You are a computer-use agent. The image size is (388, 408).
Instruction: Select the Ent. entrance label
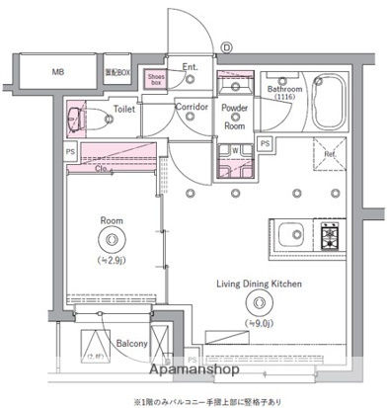point(191,67)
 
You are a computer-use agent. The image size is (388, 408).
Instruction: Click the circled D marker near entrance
point(226,45)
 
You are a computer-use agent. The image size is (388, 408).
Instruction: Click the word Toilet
point(122,111)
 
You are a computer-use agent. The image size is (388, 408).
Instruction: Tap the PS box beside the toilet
point(70,151)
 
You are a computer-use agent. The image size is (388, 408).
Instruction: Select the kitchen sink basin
point(291,235)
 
